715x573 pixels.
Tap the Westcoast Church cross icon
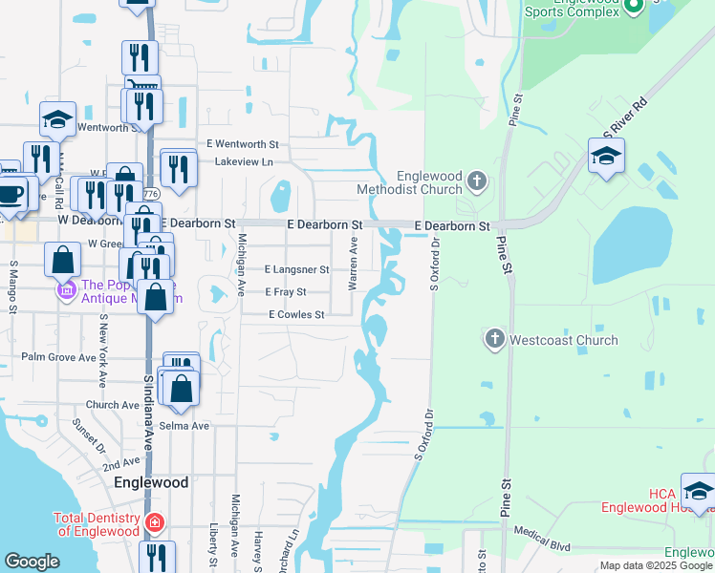tap(494, 339)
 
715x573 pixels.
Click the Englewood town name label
tap(151, 482)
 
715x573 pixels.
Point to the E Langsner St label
tap(296, 270)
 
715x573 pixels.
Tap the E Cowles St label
tap(296, 314)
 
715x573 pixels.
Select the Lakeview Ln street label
tap(244, 162)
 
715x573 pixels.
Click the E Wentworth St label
tap(247, 144)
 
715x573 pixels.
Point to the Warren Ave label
tap(354, 265)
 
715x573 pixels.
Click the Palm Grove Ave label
tap(58, 357)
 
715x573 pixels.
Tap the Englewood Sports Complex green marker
tap(633, 8)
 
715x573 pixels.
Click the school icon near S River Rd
tap(606, 156)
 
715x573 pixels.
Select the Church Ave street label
tap(112, 405)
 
